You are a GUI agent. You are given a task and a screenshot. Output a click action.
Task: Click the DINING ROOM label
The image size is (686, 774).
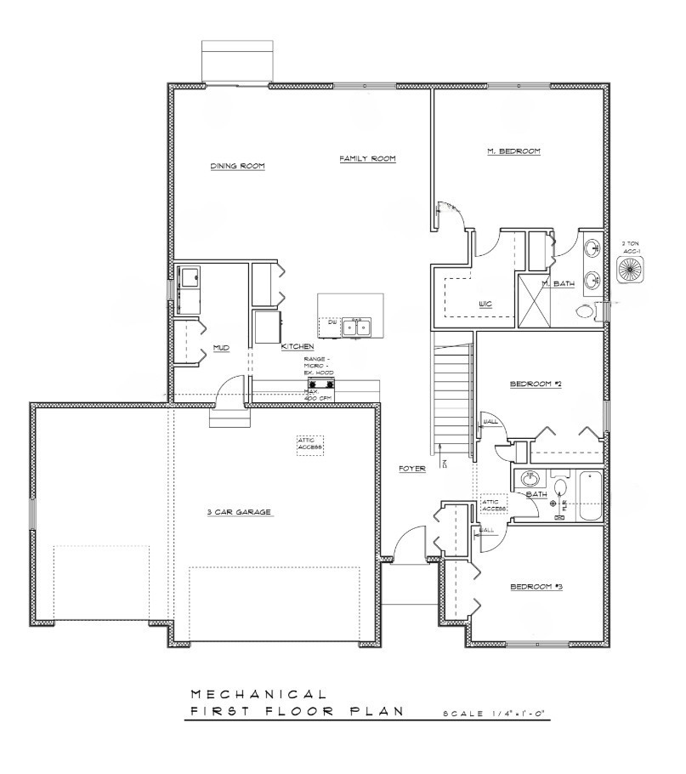[x=237, y=166]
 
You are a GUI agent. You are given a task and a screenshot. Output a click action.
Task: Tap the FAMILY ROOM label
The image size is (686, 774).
[x=367, y=159]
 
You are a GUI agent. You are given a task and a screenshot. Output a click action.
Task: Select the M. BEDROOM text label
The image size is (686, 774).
[x=513, y=151]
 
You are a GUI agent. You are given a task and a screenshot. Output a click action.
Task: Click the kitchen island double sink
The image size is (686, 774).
[x=356, y=326]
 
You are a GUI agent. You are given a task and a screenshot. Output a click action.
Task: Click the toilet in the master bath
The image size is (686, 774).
[x=586, y=311]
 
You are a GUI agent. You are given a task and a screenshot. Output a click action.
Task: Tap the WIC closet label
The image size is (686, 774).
[x=486, y=304]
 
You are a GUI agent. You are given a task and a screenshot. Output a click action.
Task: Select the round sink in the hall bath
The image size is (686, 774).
[x=530, y=479]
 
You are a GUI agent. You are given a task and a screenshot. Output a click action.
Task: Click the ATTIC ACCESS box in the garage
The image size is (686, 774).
[x=311, y=445]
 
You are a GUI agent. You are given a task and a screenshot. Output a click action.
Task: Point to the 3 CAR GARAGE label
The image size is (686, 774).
[x=238, y=512]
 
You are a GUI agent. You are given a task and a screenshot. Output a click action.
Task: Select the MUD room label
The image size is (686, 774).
[x=221, y=348]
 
